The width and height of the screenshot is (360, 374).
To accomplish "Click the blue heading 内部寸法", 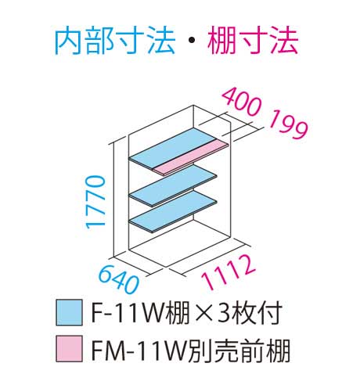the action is coord(114,41).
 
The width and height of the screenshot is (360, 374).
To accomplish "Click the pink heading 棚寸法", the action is coord(253,41).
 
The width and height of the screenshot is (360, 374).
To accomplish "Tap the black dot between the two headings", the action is coord(191,41).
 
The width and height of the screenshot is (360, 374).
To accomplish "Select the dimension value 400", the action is coord(242,102).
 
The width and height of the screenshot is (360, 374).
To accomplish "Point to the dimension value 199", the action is coord(288,124).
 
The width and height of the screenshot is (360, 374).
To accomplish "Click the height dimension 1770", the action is coord(96,203).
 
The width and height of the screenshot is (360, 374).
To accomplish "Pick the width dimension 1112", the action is coord(228,272).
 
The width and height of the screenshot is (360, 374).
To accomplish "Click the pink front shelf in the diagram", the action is coord(191,157).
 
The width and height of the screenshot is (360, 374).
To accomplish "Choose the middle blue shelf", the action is coord(173,185).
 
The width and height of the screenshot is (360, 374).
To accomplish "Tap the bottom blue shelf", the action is coord(173,210).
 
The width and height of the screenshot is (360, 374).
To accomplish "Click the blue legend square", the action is coord(69,312).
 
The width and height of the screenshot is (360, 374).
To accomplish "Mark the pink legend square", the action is coord(69,349).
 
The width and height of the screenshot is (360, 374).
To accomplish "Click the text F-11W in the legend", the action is coord(128,312).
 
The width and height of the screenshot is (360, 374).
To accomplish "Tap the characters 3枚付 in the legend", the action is coord(250,312).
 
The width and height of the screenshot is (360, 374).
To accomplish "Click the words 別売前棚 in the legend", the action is coord(238,349).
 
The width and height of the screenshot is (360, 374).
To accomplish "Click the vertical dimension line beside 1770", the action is coord(114,200).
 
